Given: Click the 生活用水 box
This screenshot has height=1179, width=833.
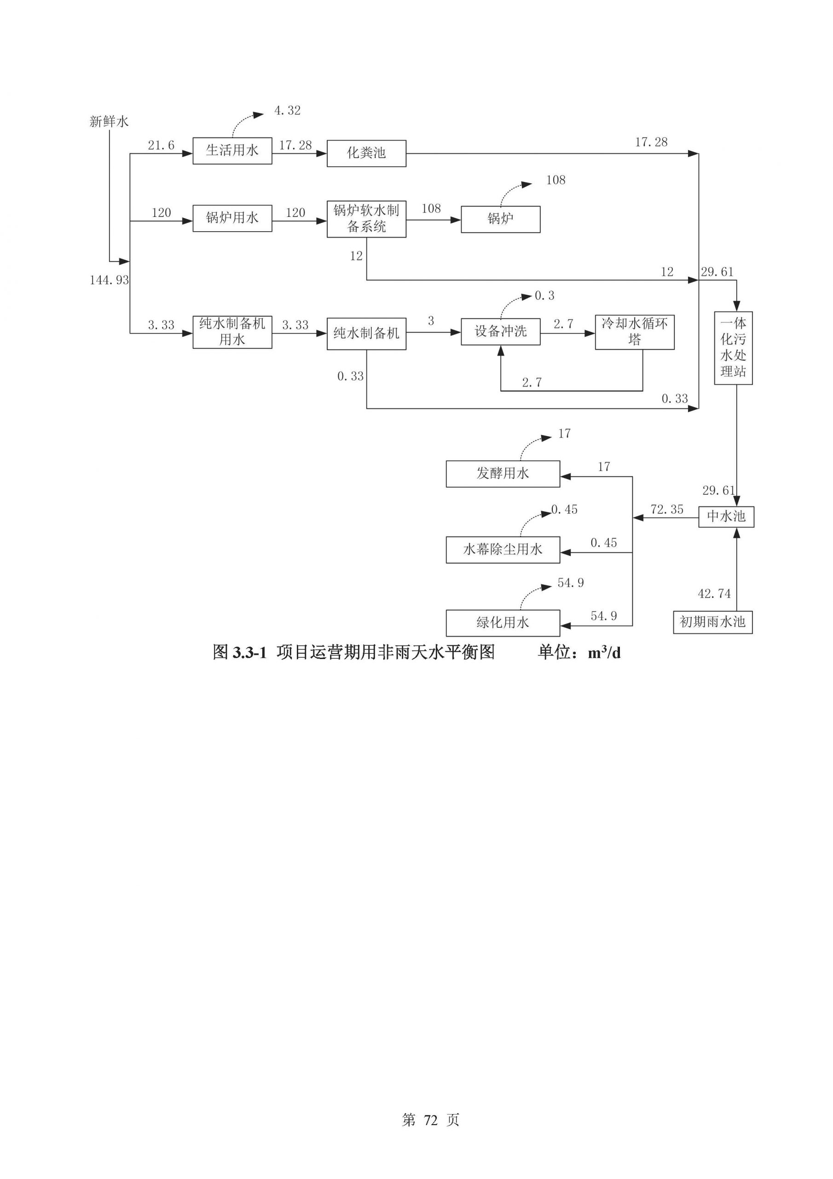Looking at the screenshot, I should (x=232, y=151).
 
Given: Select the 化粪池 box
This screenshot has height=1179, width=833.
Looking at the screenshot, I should (x=366, y=153).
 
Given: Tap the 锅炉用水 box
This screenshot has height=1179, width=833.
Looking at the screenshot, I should (x=232, y=218).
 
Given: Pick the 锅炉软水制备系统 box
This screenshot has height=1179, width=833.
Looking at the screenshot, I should (x=366, y=219).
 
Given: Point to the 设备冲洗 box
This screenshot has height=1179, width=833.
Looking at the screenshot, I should (x=500, y=331).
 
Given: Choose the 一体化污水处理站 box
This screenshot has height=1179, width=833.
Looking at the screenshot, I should (x=733, y=348).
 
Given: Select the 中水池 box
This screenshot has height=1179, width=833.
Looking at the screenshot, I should (x=726, y=516).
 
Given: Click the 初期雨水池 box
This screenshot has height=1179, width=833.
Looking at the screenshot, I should (x=712, y=622).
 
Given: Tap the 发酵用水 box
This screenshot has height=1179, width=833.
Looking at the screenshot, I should (x=503, y=473).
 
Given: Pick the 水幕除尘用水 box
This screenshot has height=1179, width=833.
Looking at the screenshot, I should (x=503, y=549).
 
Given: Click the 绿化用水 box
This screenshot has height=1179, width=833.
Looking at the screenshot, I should (x=503, y=623).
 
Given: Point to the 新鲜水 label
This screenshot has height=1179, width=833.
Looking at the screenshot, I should (x=109, y=122).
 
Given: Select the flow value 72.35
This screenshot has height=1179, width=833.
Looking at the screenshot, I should (x=667, y=509).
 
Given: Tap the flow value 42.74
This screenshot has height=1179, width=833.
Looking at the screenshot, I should (x=714, y=594).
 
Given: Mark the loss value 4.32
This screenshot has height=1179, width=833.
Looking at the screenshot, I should (x=288, y=111).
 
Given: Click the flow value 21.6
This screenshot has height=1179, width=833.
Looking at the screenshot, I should (x=161, y=146).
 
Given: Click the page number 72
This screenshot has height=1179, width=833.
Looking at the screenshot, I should (x=431, y=1120).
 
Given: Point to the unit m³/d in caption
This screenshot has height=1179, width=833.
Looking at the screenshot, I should (x=604, y=653).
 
